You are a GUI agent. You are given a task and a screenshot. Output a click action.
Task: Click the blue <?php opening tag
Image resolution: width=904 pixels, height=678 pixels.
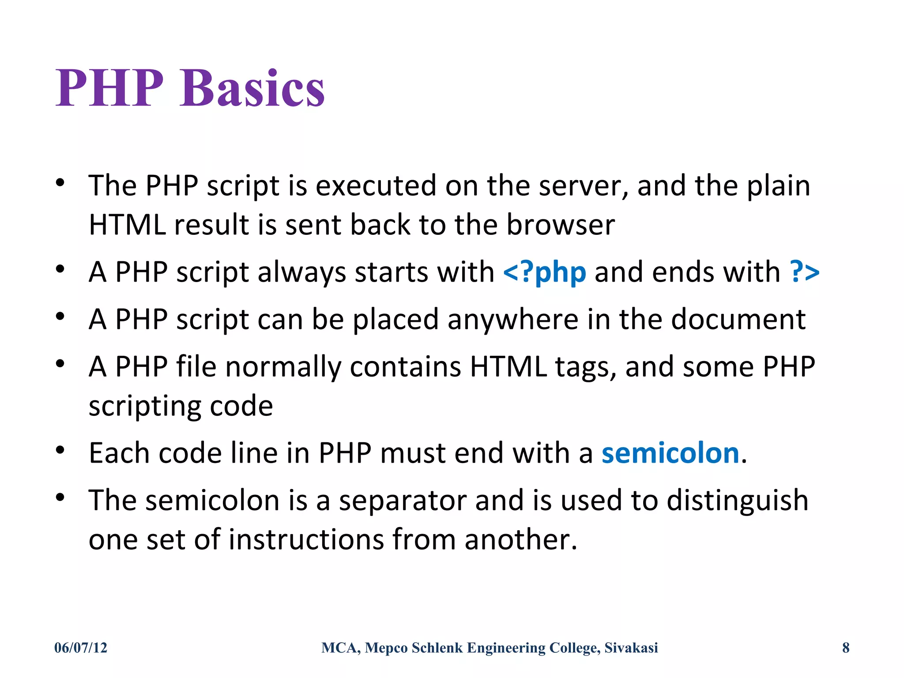[545, 272]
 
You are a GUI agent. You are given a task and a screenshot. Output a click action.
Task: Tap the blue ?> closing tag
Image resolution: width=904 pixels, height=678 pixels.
[805, 272]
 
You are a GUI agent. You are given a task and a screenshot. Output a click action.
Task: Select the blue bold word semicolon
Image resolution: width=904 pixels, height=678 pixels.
[670, 453]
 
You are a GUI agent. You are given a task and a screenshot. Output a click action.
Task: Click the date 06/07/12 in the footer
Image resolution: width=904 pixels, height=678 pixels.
[81, 648]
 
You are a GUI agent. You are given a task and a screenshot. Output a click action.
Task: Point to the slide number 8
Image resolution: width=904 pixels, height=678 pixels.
[846, 648]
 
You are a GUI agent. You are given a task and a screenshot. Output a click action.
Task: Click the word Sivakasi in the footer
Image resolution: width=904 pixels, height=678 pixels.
[631, 648]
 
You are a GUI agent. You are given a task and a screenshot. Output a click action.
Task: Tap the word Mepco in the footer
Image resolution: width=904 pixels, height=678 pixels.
[386, 648]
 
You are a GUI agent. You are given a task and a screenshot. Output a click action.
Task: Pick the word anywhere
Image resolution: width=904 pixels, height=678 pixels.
[512, 319]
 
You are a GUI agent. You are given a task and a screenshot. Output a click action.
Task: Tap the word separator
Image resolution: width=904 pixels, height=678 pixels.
[402, 501]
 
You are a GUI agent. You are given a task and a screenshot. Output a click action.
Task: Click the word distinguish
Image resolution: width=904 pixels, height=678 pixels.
[737, 501]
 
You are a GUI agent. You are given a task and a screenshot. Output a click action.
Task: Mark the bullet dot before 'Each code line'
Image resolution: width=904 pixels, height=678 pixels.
[60, 450]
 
